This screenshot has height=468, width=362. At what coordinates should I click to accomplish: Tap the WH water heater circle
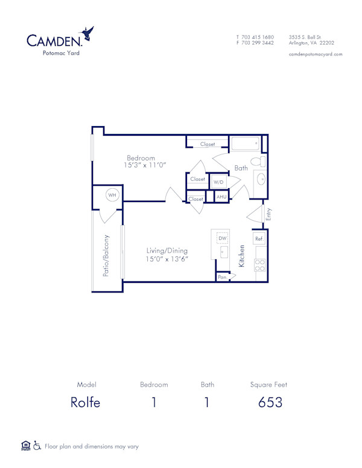112,195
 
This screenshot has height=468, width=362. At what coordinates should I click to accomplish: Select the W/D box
218,182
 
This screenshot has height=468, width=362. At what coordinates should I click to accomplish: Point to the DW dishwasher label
222,239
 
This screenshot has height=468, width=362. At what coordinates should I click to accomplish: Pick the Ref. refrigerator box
259,239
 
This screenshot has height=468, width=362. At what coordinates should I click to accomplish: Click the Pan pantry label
222,277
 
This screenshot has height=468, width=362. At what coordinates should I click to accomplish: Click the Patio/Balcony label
106,255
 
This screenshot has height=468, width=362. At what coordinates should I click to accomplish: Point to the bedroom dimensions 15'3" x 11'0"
145,165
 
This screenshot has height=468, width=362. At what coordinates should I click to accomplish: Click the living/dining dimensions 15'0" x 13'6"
167,259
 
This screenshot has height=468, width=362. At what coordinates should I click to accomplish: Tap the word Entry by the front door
269,213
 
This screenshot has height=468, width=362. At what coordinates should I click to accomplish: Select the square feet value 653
270,402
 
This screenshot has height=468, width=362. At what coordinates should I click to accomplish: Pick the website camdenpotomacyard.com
316,54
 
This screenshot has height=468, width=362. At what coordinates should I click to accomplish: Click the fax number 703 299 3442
258,43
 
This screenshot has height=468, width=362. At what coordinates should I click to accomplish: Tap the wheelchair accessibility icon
37,446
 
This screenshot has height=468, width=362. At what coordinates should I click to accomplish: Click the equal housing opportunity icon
25,446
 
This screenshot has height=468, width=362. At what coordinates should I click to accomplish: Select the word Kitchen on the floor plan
242,256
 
